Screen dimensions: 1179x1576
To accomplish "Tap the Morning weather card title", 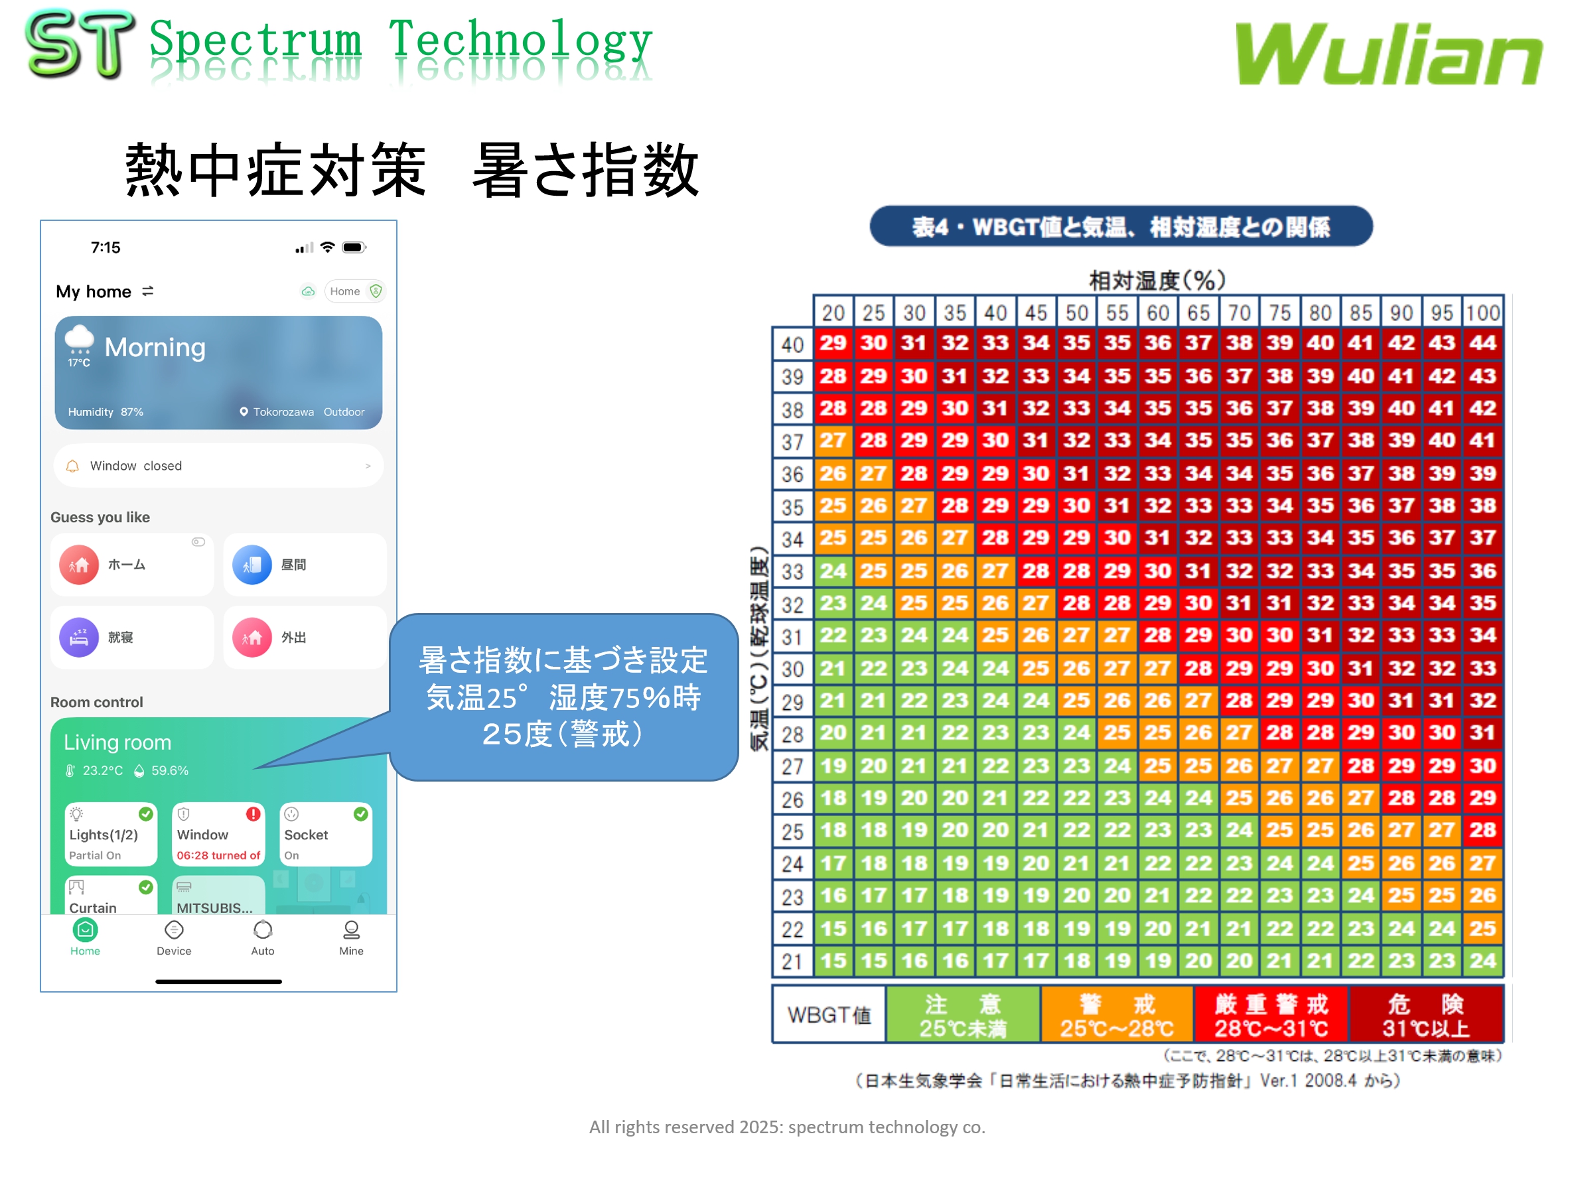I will [155, 348].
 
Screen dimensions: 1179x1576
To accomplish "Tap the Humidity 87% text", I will [106, 412].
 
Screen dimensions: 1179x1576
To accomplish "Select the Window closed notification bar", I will [218, 466].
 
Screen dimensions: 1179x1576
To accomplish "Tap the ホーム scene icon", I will [79, 565].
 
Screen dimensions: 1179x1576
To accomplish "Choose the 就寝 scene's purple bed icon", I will [79, 637].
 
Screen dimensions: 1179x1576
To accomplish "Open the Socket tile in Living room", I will [325, 834].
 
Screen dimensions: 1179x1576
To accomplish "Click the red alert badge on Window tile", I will [253, 813].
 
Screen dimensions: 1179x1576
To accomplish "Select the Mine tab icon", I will [351, 930].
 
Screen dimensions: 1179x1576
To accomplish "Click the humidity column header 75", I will [1279, 312].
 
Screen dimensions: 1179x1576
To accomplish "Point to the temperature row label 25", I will [792, 831].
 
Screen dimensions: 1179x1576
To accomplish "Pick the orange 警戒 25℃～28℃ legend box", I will [1115, 1014].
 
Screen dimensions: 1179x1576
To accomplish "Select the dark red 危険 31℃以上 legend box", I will [1425, 1014].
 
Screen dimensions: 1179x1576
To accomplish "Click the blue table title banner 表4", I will [1121, 226].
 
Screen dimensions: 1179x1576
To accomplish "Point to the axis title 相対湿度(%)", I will [1157, 281].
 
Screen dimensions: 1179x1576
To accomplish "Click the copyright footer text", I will [786, 1127].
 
